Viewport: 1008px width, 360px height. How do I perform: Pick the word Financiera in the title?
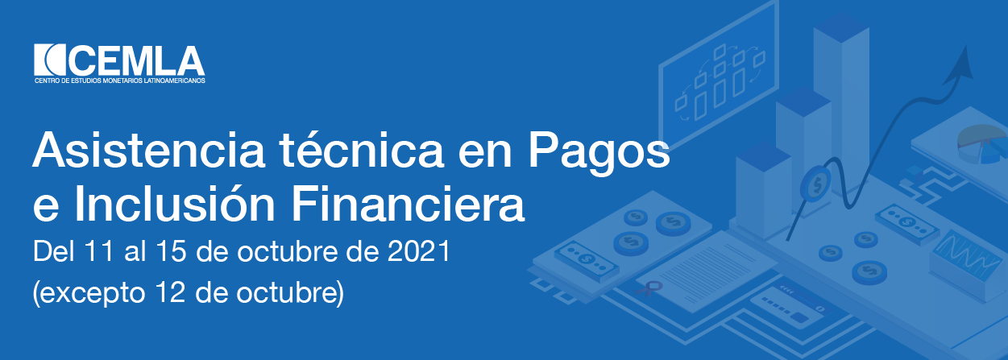coord(408,204)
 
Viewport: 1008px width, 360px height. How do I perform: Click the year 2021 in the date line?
coord(419,251)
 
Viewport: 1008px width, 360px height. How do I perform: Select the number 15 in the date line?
coord(171,251)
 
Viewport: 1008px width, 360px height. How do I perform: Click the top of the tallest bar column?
coord(841,28)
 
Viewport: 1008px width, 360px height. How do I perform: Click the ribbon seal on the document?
coord(649,288)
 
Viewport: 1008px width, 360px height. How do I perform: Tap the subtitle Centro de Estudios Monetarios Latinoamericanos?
coord(120,81)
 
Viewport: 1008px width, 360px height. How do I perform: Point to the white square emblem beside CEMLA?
coord(51,60)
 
